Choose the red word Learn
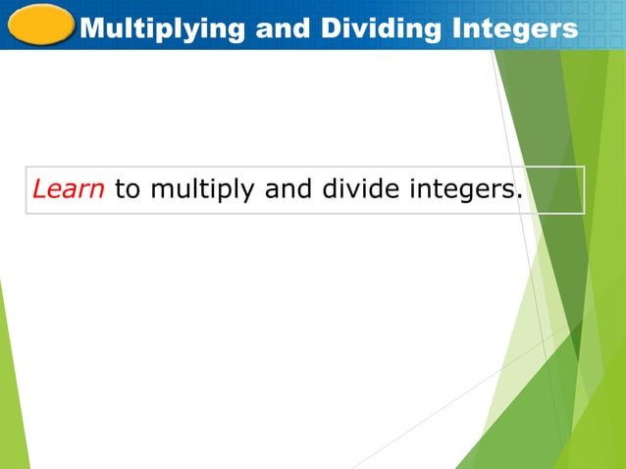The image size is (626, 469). [x=69, y=189]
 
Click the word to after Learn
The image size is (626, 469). [x=128, y=189]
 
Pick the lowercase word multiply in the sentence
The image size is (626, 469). [x=203, y=190]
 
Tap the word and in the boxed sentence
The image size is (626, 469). [x=287, y=189]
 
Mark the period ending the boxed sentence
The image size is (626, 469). [x=516, y=195]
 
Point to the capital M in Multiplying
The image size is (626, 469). [x=91, y=29]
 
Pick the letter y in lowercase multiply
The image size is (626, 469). [x=250, y=193]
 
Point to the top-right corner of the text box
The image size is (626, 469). [x=584, y=167]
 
